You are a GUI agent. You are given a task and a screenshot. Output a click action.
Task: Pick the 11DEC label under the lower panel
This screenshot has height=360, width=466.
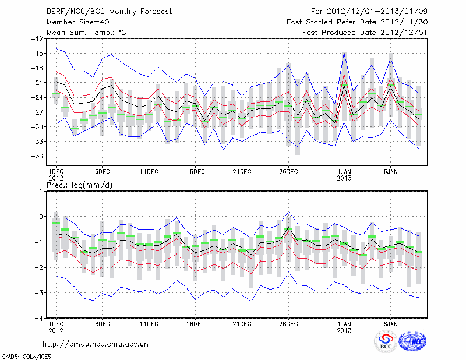coord(149,323)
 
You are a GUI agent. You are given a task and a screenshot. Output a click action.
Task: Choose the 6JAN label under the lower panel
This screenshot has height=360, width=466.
coord(391,323)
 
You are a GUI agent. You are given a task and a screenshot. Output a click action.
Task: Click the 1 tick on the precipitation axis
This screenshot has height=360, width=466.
coord(40,191)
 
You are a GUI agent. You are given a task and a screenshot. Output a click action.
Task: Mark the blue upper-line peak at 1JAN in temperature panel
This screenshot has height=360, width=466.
coord(344,52)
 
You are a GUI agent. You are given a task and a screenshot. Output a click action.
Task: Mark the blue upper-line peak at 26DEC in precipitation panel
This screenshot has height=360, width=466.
coord(288,212)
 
